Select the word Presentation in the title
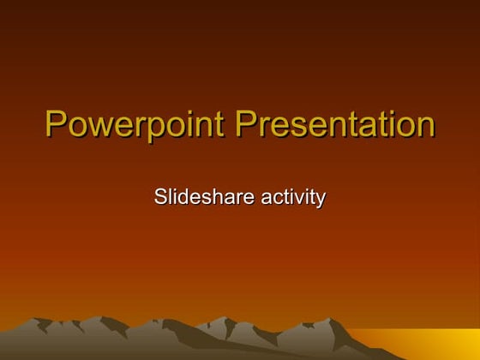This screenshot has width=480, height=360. click(x=335, y=125)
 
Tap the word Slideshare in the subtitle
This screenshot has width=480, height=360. click(x=204, y=197)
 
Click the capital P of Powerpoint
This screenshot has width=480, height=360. click(x=55, y=125)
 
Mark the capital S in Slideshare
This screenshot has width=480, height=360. click(x=160, y=197)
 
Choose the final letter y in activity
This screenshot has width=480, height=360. click(x=321, y=201)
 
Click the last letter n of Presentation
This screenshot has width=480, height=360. click(x=425, y=128)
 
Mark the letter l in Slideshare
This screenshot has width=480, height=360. click(x=170, y=197)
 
